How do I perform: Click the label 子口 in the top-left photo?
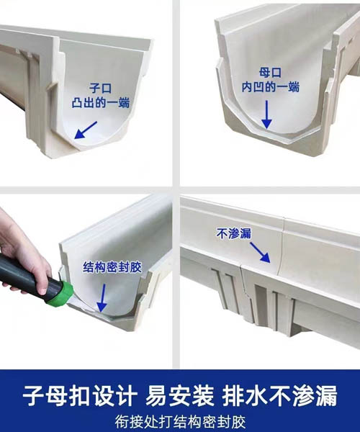(100, 89)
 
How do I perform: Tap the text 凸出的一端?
(101, 103)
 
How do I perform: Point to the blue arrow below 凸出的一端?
(86, 130)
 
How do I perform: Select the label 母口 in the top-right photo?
(270, 73)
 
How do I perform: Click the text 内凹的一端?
(271, 87)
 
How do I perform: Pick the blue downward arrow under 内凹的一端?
(266, 114)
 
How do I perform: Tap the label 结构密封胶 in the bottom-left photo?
(112, 267)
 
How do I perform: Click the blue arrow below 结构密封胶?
(102, 298)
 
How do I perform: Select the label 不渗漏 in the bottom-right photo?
(234, 233)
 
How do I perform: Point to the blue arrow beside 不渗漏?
(260, 252)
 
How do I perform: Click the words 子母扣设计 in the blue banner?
(80, 396)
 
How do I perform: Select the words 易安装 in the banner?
(180, 396)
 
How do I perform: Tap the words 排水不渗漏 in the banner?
(280, 396)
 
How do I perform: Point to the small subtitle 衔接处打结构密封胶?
(180, 421)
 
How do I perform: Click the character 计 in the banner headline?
(127, 396)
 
